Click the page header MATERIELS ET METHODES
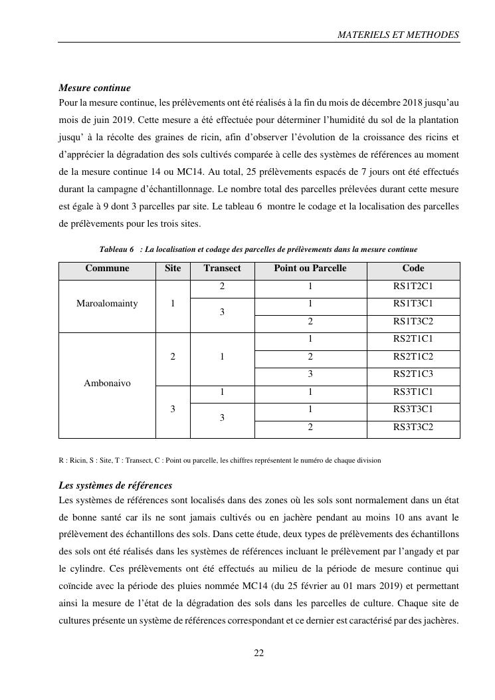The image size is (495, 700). coord(398,35)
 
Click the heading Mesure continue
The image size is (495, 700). coord(94,88)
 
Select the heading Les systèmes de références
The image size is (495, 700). coord(116,485)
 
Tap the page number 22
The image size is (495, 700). coord(259,653)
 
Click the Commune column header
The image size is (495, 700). coord(107,269)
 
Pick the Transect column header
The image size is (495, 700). coord(222,269)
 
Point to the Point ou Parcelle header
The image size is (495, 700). coord(310,269)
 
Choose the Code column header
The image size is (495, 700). coord(413,269)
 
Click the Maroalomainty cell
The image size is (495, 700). coord(107,304)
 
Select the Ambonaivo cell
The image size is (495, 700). coord(107,384)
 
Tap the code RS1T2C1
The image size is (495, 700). coord(413,287)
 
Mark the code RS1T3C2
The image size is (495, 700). coord(413,322)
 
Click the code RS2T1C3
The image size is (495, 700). coord(413,374)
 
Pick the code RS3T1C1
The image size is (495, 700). coord(413,392)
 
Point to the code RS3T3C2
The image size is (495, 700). coord(413,427)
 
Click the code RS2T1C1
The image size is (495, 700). coord(413,339)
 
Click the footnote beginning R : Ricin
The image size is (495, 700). coord(219,460)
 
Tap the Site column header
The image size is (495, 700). coord(173,269)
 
